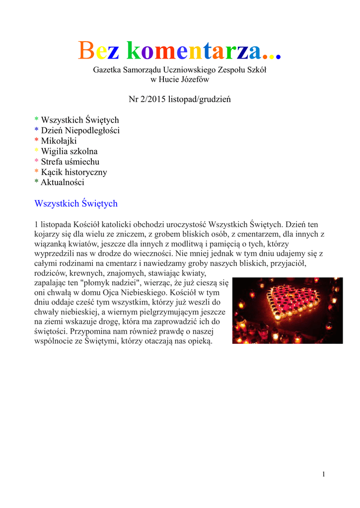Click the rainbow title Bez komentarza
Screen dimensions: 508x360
180,51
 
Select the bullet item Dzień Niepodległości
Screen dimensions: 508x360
80,130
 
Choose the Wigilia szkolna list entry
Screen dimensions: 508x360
69,151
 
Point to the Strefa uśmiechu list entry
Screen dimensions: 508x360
70,162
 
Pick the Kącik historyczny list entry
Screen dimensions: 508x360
73,172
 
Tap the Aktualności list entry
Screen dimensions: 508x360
62,183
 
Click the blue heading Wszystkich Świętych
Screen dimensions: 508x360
76,203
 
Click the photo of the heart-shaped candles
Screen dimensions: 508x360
288,311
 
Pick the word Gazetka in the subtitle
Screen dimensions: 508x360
107,70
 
